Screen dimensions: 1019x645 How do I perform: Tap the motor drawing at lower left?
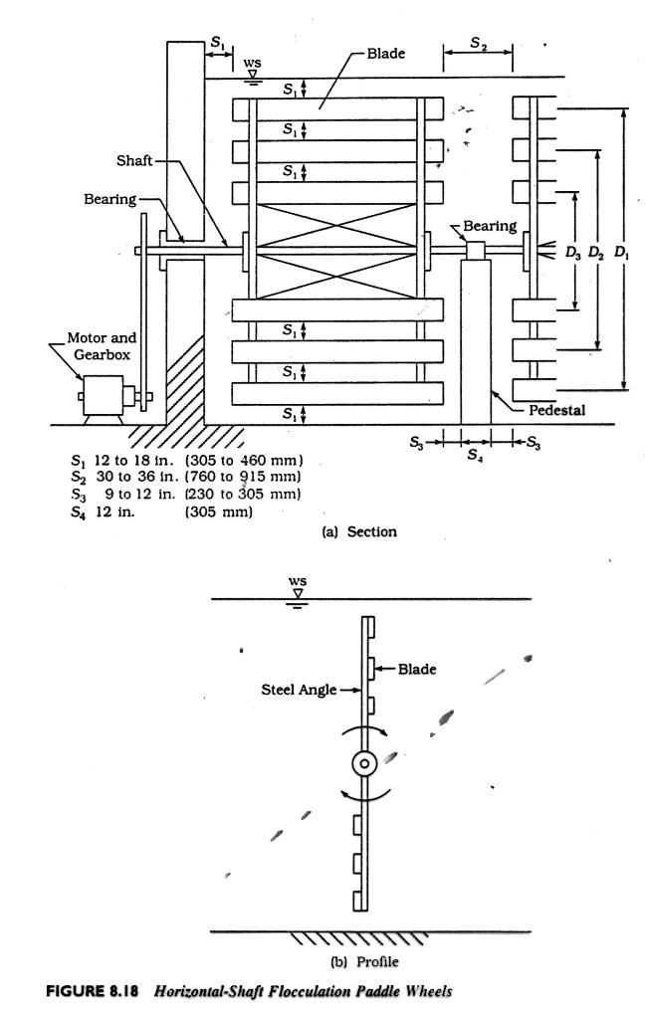[x=100, y=396]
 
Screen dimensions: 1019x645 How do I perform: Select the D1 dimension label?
[x=622, y=253]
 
